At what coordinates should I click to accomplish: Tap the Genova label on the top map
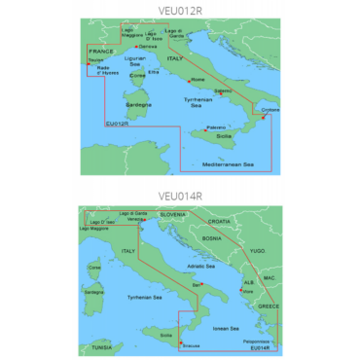(x=148, y=47)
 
